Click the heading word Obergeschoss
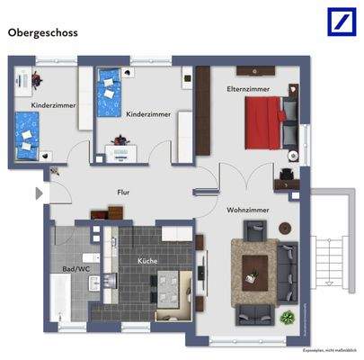pos(43,32)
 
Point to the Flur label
pos(124,193)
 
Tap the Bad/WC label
pos(75,269)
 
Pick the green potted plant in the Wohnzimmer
pos(288,318)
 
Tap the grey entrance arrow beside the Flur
pos(38,193)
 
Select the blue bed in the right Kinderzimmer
pos(111,82)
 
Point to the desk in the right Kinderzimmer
pos(120,152)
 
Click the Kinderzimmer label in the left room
pos(53,105)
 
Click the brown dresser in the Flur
pos(109,214)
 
